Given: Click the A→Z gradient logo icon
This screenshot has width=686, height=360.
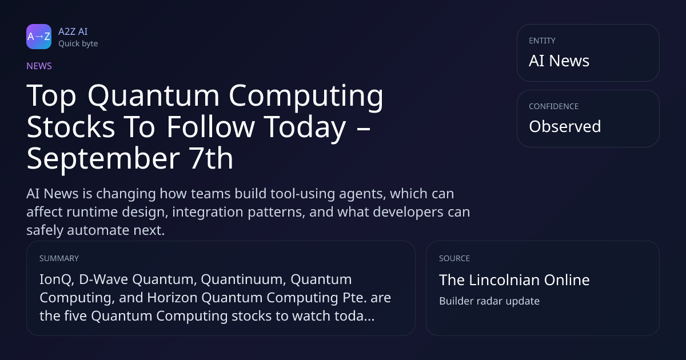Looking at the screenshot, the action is coord(39,37).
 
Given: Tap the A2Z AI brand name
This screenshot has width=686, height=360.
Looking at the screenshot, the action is coord(73,31).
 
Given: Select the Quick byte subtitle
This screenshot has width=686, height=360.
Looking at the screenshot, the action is coord(78,44).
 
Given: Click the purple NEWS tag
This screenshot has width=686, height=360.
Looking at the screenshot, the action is coord(39,66).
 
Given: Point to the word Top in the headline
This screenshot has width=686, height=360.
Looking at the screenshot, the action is coord(51,96).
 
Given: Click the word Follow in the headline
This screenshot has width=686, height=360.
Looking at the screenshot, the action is coord(211,126).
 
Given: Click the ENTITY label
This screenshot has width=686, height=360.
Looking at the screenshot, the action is coord(542,41).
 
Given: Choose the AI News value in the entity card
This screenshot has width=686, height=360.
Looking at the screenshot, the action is coord(559,61).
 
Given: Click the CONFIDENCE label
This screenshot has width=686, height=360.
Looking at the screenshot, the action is coord(554,106).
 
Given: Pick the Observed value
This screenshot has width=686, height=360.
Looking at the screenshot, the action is coord(565,126).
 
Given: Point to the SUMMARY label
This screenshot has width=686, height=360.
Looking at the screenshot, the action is coord(59,258).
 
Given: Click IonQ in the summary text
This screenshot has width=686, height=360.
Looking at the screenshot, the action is coord(57,280).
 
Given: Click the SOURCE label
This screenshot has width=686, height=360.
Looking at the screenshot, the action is coord(454,258).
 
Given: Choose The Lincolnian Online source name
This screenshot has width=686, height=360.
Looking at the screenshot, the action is coord(514,280).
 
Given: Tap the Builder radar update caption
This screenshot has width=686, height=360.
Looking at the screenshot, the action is coord(489,301).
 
